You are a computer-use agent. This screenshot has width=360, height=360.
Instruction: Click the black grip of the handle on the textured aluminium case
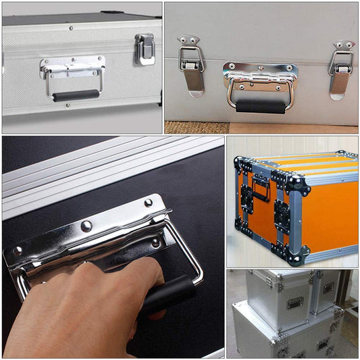[76, 96]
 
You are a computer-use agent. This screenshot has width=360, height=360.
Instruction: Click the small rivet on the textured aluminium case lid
[70, 28]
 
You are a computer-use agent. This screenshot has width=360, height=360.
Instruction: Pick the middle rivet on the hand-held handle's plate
[86, 226]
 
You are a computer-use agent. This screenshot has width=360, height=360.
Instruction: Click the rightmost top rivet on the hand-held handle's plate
[148, 202]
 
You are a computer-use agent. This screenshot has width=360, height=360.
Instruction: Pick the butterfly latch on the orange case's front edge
[282, 216]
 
